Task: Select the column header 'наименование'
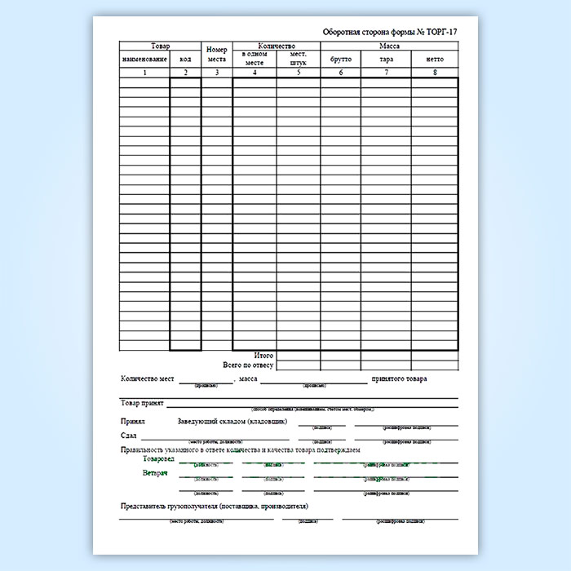[144, 60]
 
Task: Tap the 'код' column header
[185, 60]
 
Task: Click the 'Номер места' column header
[216, 54]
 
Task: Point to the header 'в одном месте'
[255, 57]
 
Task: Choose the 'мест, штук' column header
[298, 57]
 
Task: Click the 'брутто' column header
[340, 60]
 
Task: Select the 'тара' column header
[385, 60]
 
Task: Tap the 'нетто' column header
[434, 60]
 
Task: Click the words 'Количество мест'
[148, 379]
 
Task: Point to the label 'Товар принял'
[143, 403]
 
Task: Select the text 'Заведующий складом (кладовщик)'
[232, 422]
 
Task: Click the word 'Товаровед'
[158, 460]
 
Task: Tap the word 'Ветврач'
[154, 474]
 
